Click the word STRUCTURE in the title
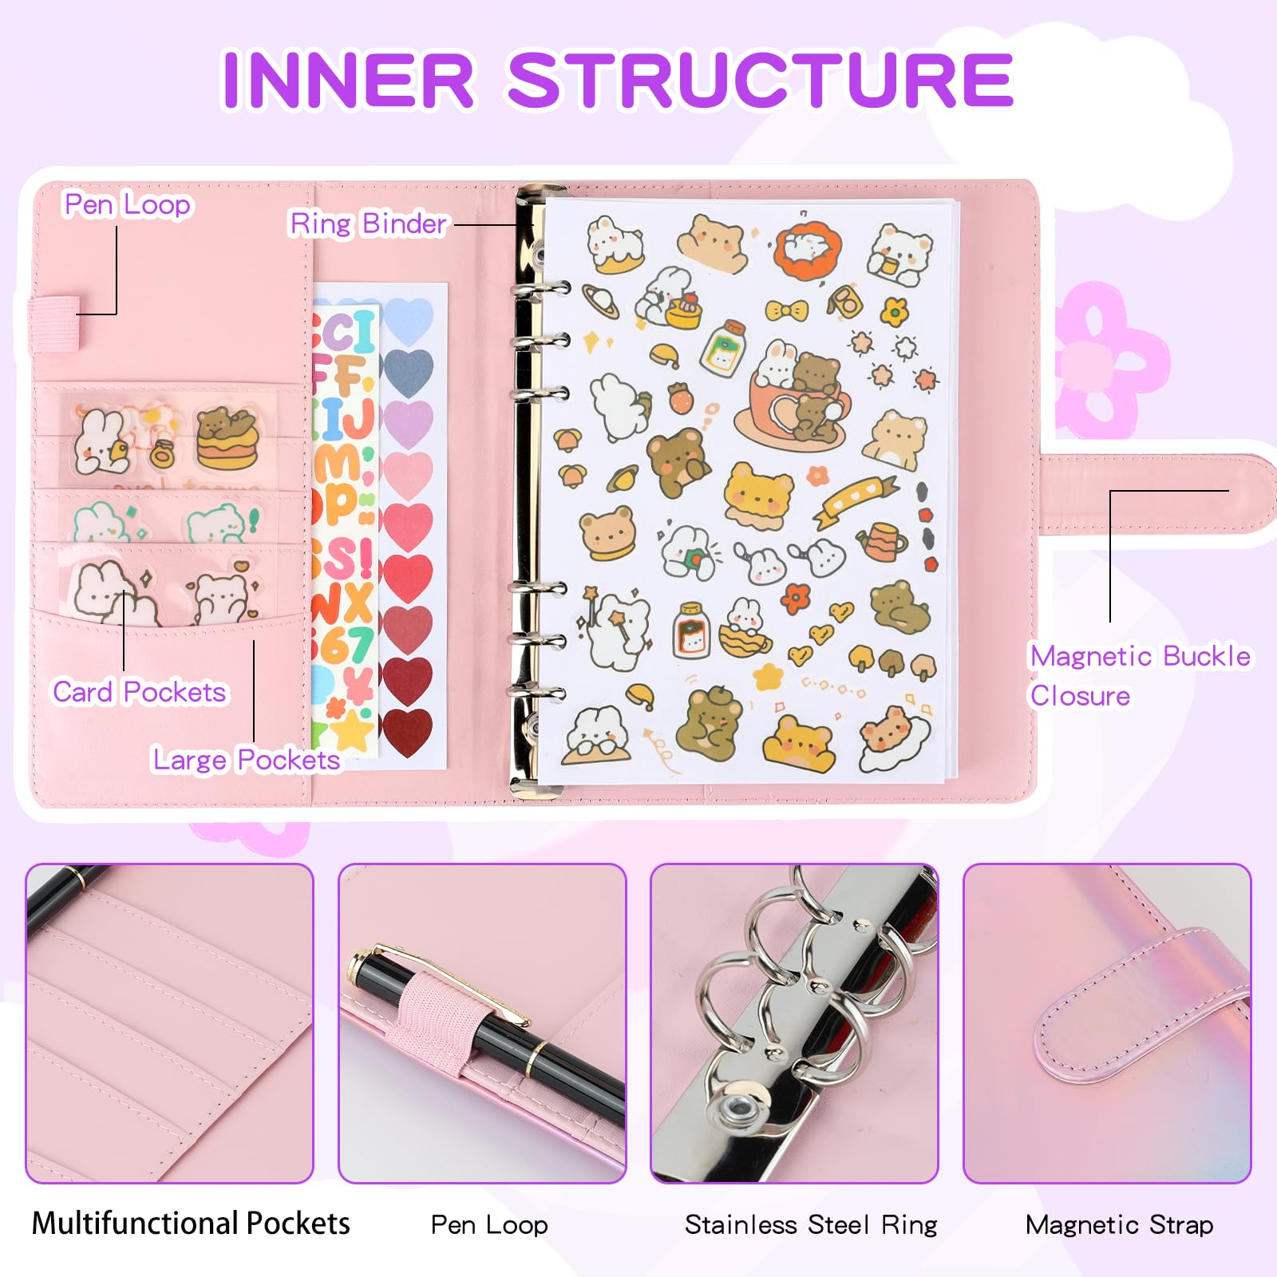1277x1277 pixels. [760, 80]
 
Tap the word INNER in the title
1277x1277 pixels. [348, 80]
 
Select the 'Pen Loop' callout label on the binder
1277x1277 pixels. [128, 205]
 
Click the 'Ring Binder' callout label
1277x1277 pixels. [368, 224]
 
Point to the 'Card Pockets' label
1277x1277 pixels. [140, 692]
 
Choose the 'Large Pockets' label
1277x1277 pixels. [247, 760]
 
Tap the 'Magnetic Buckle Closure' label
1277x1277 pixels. [1141, 675]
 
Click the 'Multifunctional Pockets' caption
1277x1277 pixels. [191, 1224]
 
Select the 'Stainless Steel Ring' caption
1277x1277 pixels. [811, 1224]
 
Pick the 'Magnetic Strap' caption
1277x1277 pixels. [1119, 1224]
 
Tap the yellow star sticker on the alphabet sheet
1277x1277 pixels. [355, 730]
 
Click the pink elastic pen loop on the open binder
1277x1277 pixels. [55, 323]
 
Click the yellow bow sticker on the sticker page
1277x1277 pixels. [786, 310]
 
